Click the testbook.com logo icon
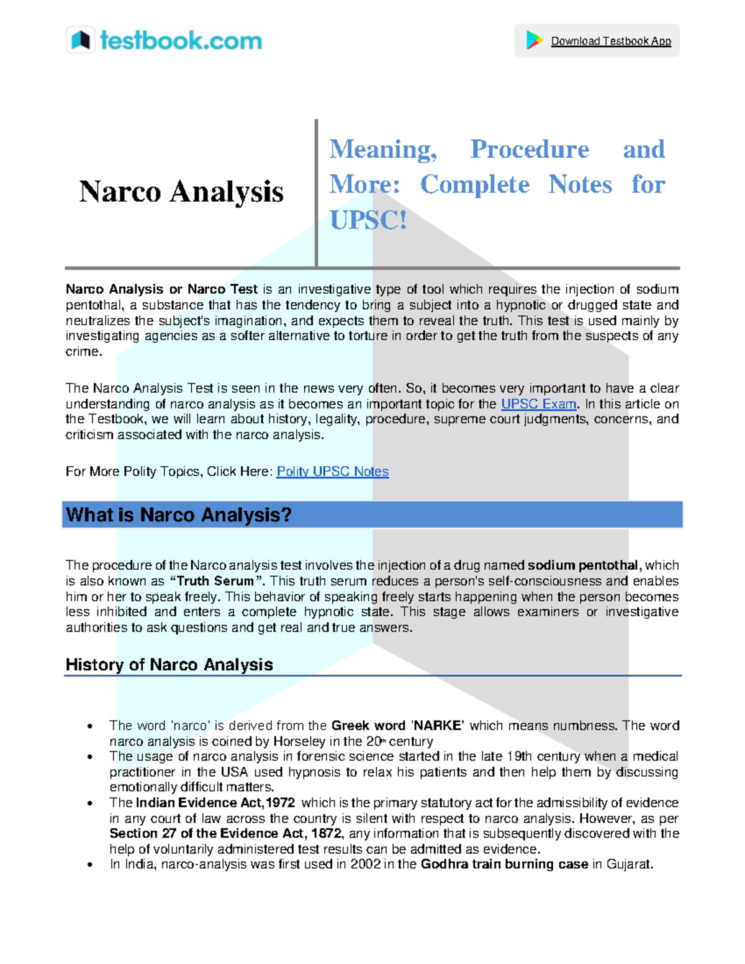(x=81, y=40)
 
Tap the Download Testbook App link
(x=611, y=41)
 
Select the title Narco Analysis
(x=181, y=192)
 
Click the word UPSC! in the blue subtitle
(x=368, y=220)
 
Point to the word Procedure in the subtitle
(x=530, y=150)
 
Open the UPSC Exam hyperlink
(x=538, y=404)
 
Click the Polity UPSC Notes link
(x=332, y=472)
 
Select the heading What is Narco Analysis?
(x=179, y=515)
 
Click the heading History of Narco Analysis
(x=169, y=665)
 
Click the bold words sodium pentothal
(x=582, y=565)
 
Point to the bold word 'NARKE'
(x=438, y=726)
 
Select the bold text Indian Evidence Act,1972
(x=215, y=803)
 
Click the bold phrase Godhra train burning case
(x=504, y=865)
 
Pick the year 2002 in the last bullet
(x=366, y=865)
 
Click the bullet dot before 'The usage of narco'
(x=91, y=757)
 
